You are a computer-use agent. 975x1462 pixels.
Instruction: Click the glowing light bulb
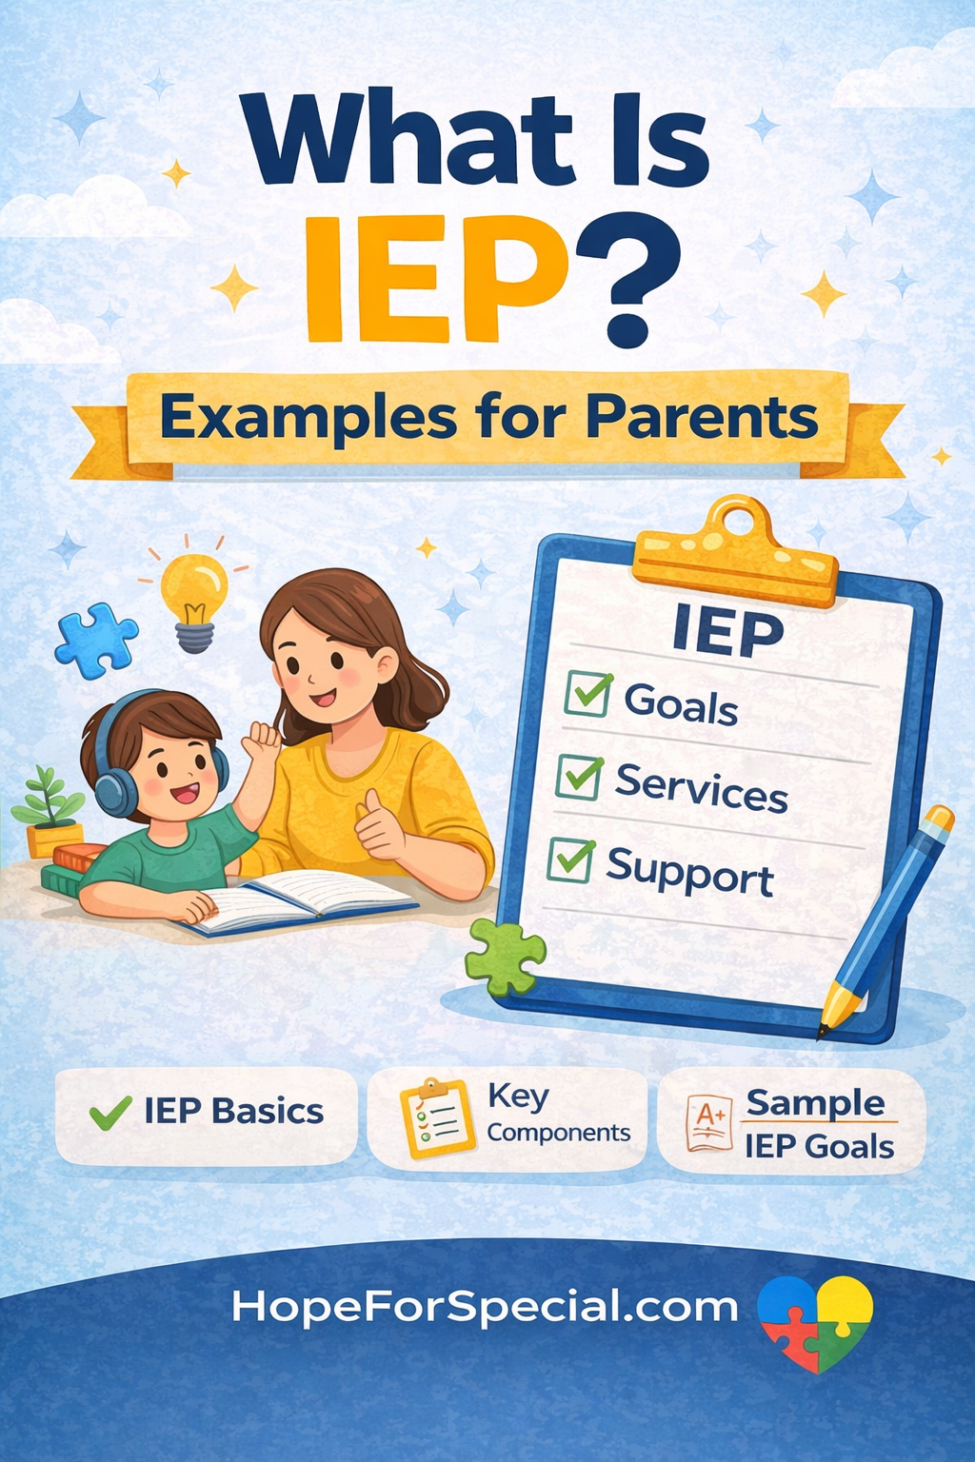point(194,602)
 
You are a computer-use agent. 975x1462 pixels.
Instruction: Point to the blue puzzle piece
point(96,641)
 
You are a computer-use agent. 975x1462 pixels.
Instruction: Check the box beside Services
point(579,778)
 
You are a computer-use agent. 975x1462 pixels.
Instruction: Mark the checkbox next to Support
point(571,860)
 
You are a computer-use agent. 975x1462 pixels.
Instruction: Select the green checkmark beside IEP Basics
point(110,1112)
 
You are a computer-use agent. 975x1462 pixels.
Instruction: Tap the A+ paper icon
point(709,1122)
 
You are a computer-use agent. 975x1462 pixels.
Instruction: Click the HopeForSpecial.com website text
point(485,1305)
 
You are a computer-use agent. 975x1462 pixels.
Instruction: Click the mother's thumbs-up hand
point(379,825)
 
